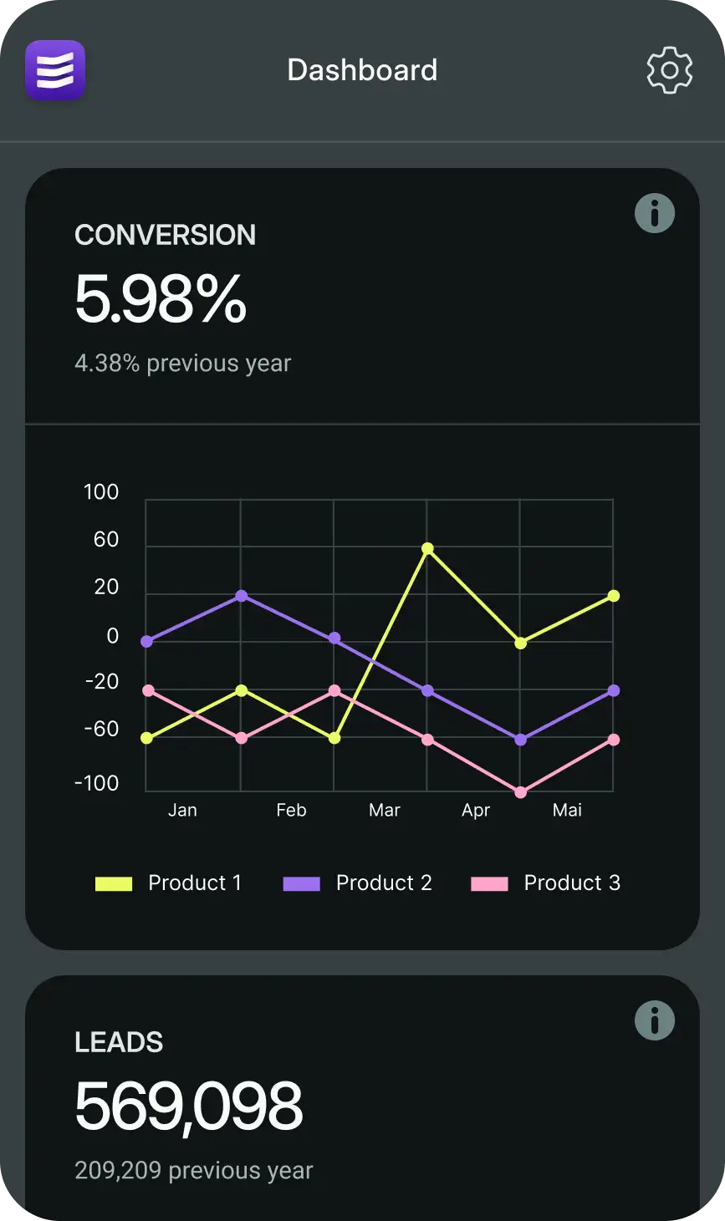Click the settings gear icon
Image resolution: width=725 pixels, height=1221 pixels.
click(669, 71)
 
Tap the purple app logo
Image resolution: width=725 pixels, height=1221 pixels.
click(55, 70)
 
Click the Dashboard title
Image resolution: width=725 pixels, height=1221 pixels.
click(362, 70)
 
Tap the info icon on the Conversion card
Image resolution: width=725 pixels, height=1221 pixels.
click(655, 213)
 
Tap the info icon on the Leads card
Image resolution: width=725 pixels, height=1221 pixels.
click(655, 1020)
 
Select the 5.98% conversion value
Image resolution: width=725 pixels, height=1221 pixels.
click(161, 299)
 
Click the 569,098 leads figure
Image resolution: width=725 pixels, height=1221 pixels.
click(188, 1106)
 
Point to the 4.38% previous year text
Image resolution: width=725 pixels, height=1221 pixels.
click(182, 364)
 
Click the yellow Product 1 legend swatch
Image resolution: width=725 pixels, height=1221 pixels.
click(114, 883)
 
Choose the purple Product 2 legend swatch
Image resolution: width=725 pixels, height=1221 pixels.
click(302, 883)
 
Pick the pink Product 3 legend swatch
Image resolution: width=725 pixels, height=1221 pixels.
click(490, 883)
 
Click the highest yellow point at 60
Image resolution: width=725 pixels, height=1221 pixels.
click(427, 548)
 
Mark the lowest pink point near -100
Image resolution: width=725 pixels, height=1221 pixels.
click(520, 792)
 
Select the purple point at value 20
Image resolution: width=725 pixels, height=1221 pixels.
click(241, 596)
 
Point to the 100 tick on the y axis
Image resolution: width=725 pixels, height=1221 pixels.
click(101, 492)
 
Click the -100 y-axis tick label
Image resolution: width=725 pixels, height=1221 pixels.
click(97, 783)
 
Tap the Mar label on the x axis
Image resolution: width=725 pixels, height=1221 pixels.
click(385, 810)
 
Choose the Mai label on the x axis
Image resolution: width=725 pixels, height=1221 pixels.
click(567, 810)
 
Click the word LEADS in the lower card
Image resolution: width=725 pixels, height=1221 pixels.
click(119, 1042)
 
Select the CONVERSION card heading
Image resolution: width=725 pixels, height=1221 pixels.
click(166, 235)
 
